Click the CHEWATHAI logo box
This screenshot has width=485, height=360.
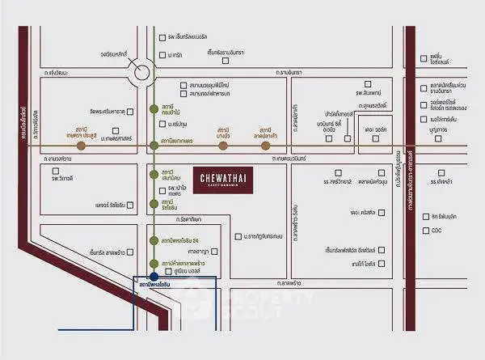pyautogui.click(x=222, y=176)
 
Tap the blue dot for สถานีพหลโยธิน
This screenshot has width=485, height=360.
pyautogui.click(x=154, y=277)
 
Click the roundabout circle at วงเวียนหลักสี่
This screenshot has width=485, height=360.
pyautogui.click(x=142, y=72)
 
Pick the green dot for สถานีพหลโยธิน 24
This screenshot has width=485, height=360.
pyautogui.click(x=154, y=240)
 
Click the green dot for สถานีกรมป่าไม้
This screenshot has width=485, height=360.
pyautogui.click(x=154, y=109)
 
